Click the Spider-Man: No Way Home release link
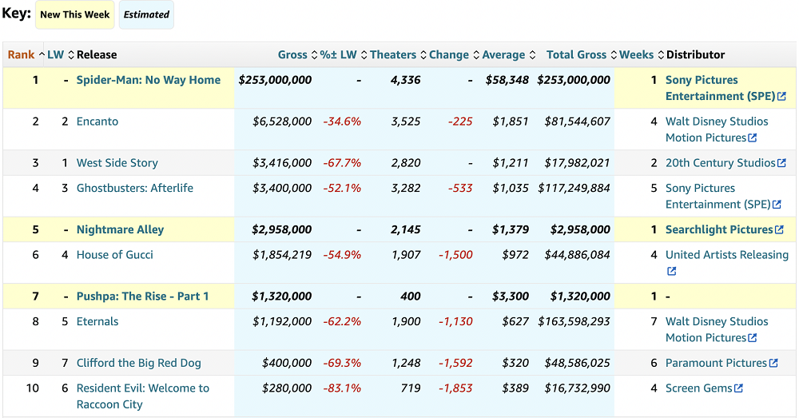point(148,80)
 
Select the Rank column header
point(21,55)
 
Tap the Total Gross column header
point(576,55)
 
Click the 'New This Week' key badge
point(75,14)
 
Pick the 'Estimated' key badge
point(146,14)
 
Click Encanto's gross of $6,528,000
point(282,121)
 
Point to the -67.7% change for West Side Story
point(342,163)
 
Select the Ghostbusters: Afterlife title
point(134,189)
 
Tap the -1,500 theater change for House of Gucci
point(455,255)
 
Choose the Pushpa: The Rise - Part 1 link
point(142,297)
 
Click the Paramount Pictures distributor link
point(716,363)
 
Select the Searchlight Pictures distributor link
point(719,230)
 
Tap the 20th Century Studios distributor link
point(720,163)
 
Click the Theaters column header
point(392,55)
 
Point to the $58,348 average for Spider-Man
point(507,80)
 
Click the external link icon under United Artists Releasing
point(671,272)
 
